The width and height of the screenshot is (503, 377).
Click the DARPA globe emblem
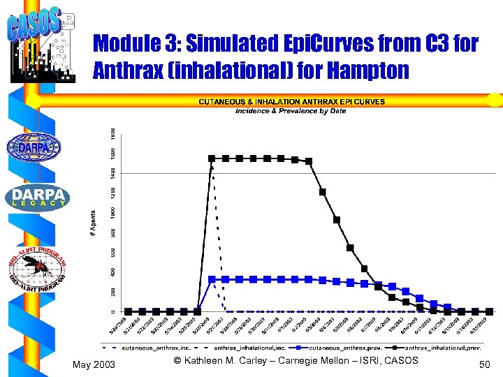[34, 147]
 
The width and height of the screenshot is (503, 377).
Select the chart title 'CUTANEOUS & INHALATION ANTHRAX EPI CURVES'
[291, 102]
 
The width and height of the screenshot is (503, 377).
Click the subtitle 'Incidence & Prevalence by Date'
[290, 111]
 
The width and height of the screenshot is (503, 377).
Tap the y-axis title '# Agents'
[93, 223]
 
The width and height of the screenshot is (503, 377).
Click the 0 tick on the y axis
[114, 311]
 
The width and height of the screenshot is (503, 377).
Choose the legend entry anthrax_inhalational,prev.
[440, 346]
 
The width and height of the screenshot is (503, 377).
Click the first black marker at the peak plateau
[212, 158]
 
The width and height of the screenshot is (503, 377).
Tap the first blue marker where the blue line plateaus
[212, 279]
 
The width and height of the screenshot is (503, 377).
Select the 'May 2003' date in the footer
[94, 364]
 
